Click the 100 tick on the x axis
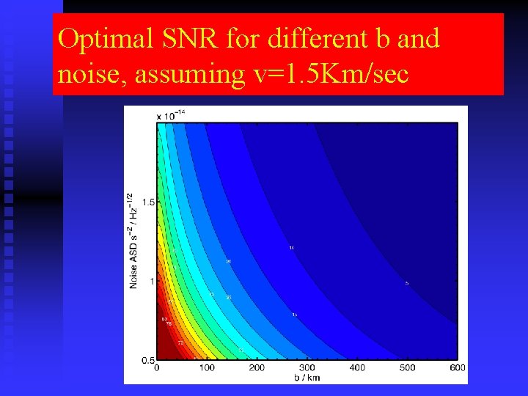click(207, 368)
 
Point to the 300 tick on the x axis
click(307, 368)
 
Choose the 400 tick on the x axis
click(356, 368)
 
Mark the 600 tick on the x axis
click(456, 368)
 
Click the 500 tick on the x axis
click(406, 368)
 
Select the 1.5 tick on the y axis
click(147, 202)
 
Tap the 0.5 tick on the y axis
click(147, 360)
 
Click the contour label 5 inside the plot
click(407, 283)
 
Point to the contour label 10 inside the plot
click(291, 248)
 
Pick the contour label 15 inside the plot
click(294, 315)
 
